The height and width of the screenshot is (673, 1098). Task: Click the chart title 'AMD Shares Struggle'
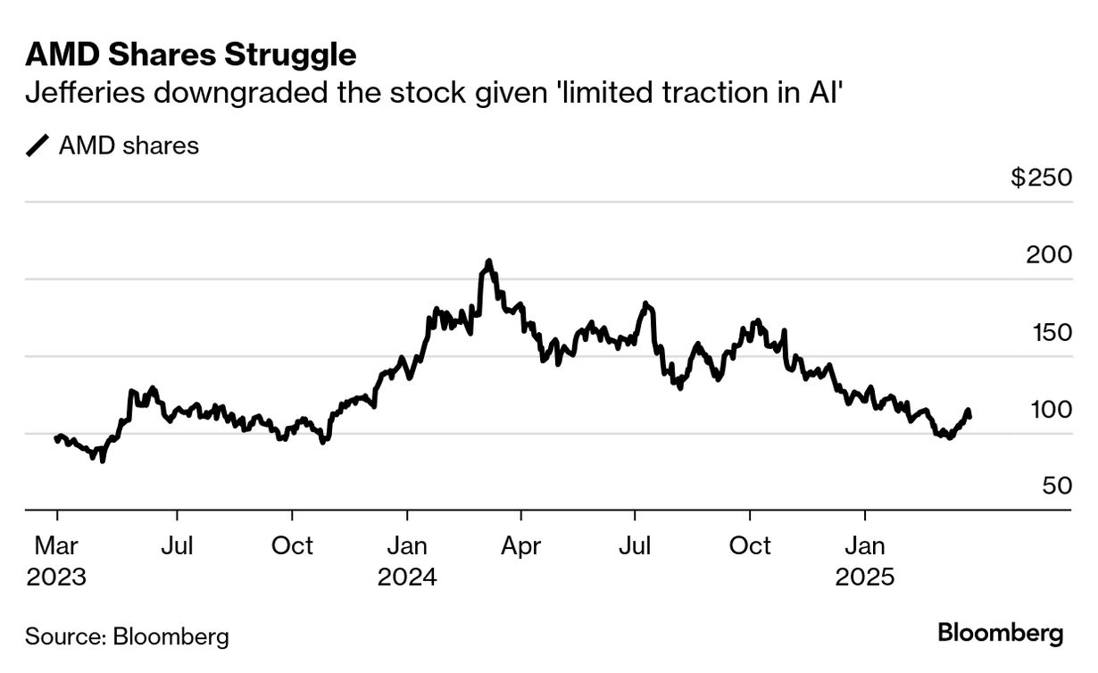pos(191,54)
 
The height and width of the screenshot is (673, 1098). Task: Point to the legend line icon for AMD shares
pos(38,145)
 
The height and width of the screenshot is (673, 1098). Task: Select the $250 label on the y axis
pos(1041,178)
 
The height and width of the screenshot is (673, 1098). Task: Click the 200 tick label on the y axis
pos(1048,255)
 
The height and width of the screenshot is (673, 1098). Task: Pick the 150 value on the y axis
pos(1048,333)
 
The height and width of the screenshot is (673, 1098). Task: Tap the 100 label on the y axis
pos(1048,411)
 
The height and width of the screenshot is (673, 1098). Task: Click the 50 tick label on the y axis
pos(1054,486)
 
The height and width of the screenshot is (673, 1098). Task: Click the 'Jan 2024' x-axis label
pos(407,560)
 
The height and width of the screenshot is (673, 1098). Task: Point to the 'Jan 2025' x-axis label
pos(864,560)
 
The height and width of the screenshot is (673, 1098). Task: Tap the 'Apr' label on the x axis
pos(521,544)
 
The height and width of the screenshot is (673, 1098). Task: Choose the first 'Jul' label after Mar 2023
pos(177,544)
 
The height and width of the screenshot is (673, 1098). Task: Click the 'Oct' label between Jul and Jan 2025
pos(750,544)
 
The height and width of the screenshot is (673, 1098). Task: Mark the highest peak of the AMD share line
pos(488,262)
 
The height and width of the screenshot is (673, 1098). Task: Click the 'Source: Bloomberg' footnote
pos(127,636)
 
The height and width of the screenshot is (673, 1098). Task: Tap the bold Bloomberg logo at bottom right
pos(1001,634)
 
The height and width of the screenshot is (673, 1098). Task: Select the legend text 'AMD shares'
pos(129,145)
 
